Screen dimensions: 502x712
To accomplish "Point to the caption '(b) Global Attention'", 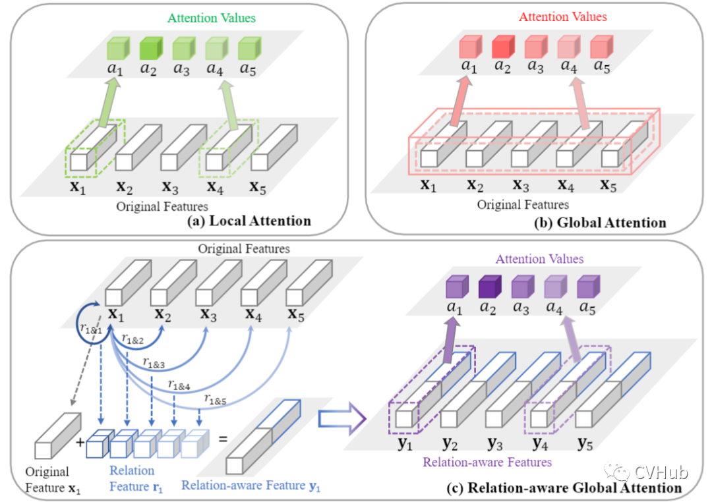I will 600,223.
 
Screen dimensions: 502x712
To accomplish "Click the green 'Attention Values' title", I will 211,18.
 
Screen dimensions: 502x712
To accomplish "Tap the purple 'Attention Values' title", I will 539,259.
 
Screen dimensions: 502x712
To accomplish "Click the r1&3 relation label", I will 154,362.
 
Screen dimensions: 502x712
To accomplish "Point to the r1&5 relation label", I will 216,399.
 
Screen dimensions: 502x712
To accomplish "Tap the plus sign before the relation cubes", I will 81,443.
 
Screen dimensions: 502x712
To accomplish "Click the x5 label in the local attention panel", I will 258,189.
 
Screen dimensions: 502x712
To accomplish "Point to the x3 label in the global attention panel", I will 521,186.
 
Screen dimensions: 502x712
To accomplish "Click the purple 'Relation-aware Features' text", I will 487,462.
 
